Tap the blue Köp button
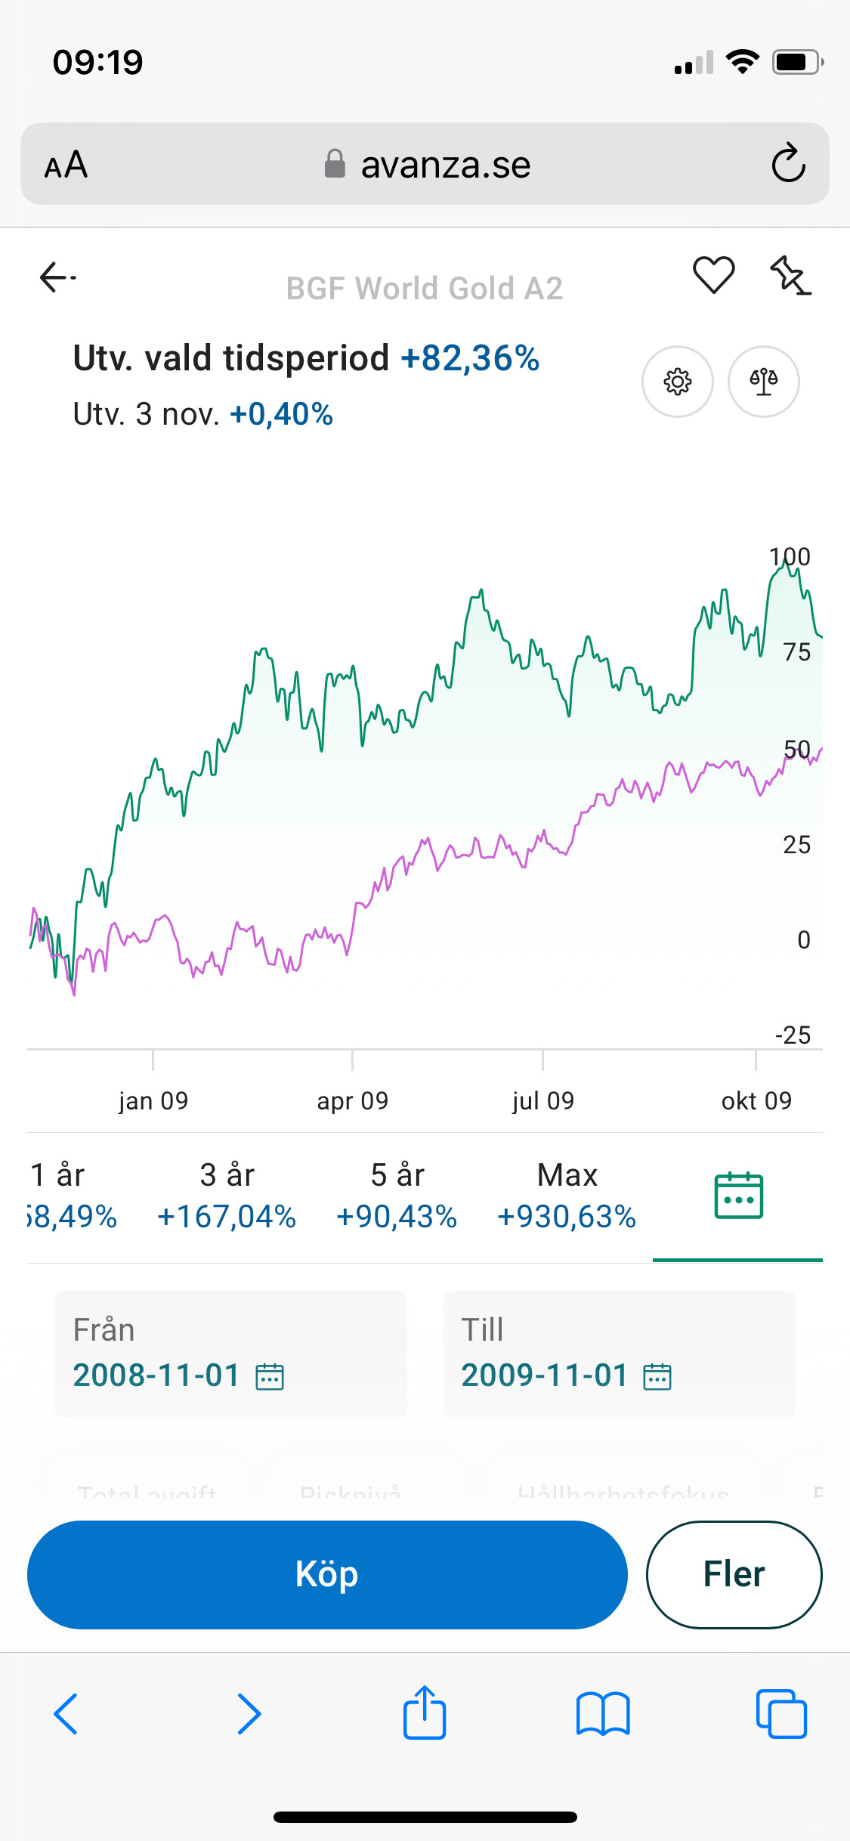coord(327,1574)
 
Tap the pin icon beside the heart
coord(790,275)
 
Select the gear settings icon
coord(677,382)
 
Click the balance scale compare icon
coord(763,382)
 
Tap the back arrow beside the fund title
coord(57,277)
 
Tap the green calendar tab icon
coord(738,1196)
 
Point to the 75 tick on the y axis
coord(796,652)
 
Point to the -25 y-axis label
coord(793,1035)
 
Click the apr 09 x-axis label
coord(352,1101)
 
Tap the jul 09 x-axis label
coord(542,1101)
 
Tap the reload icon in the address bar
coord(788,163)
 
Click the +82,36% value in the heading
coord(470,358)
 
